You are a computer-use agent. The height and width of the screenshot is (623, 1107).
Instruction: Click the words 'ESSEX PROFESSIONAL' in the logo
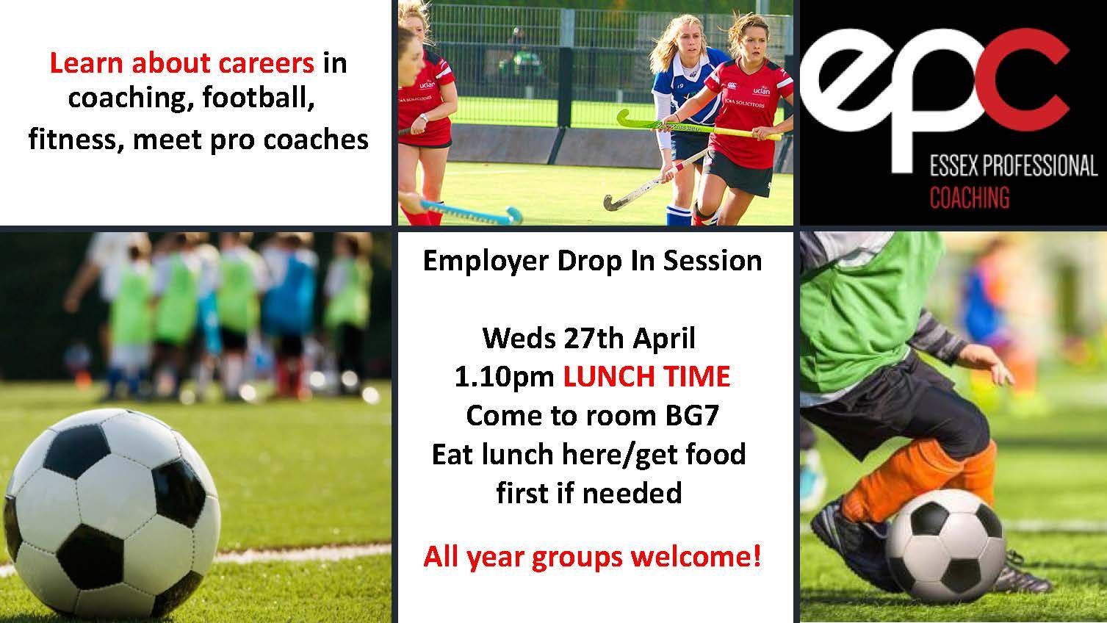1013,168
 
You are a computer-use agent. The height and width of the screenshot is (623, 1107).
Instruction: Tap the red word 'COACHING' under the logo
969,198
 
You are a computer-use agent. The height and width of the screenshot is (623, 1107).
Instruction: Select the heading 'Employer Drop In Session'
592,261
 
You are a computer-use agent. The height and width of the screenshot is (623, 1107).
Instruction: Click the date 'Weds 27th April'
588,338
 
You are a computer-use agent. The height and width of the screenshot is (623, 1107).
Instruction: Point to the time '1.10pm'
504,376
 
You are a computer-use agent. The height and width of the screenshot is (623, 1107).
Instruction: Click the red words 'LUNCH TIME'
646,376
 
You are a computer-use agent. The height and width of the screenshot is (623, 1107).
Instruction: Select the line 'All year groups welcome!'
592,557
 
